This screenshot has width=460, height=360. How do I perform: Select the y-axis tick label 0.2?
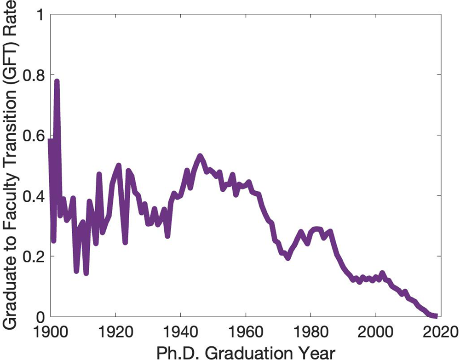point(32,256)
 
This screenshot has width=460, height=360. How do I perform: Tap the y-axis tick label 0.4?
point(32,195)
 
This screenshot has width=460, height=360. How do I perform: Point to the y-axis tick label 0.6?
point(32,135)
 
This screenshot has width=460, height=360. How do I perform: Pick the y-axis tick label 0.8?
point(32,74)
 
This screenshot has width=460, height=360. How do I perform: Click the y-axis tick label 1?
point(39,14)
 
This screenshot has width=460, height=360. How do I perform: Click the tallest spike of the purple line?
point(57,81)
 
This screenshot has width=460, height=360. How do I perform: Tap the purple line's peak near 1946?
point(200,156)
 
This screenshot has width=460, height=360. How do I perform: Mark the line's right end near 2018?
point(434,315)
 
